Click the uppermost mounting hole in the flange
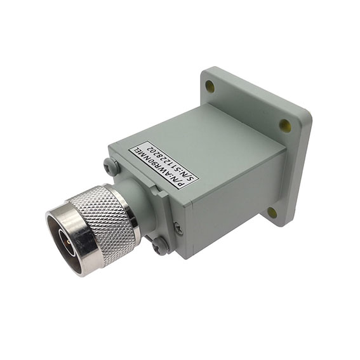point(210,86)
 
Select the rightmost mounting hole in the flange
point(284,125)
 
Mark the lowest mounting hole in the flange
point(272,211)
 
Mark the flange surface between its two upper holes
point(248,105)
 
